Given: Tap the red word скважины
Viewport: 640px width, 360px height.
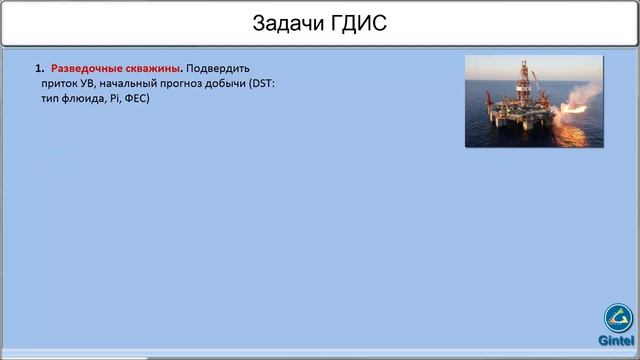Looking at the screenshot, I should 152,69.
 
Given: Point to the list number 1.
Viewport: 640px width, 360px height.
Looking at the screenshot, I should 39,69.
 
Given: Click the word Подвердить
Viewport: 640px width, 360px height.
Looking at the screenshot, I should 218,69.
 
